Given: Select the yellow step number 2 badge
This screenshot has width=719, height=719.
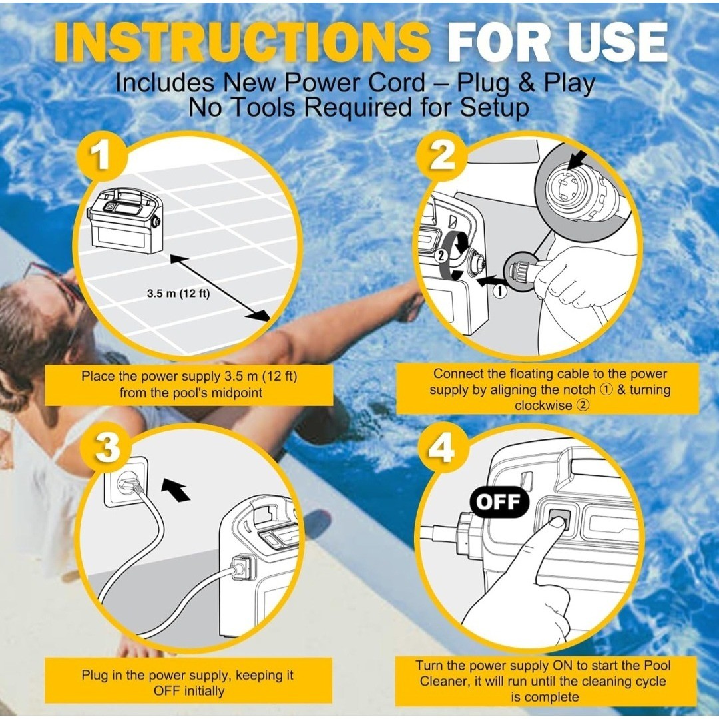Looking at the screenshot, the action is [x=441, y=156].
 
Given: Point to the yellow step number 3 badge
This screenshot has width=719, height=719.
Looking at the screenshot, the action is [x=107, y=447].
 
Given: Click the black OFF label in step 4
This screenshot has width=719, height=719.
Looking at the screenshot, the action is [x=499, y=502].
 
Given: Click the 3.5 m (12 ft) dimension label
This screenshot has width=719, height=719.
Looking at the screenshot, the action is [x=178, y=294].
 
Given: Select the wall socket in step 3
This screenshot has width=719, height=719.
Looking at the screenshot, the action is [x=126, y=481].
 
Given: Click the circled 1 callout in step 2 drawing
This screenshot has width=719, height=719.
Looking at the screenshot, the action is [x=500, y=291].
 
